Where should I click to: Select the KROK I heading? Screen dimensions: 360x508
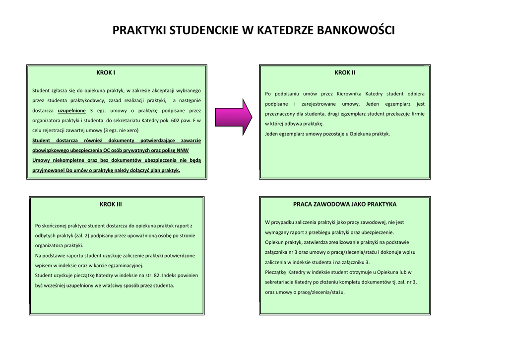[106, 72]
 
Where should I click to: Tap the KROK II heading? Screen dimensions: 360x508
[345, 72]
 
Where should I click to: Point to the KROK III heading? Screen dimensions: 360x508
[111, 204]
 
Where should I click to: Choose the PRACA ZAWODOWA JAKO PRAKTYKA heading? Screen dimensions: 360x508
[345, 204]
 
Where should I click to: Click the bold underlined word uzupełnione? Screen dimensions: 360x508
[72, 110]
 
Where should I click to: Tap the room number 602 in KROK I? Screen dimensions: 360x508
[172, 120]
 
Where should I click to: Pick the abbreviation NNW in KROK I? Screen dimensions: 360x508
[183, 150]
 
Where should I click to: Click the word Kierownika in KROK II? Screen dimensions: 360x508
[349, 94]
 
